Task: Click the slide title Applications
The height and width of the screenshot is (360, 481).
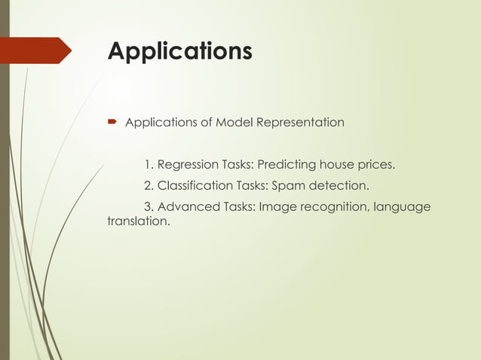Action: tap(179, 51)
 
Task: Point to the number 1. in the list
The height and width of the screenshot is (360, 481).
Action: tap(149, 165)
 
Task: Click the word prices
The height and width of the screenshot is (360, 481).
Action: tap(376, 165)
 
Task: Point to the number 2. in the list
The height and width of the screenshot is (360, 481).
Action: tap(149, 185)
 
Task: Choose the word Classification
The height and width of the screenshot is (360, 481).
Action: tap(195, 185)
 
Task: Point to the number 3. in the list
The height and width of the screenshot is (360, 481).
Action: tap(149, 206)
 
